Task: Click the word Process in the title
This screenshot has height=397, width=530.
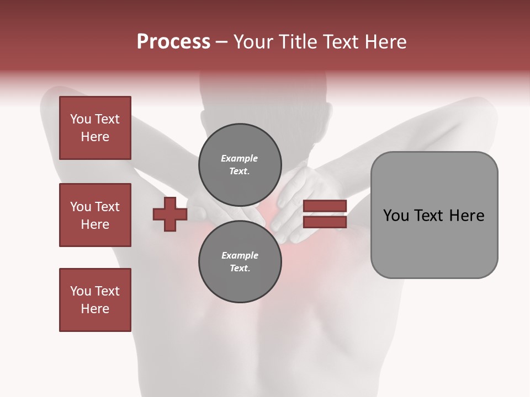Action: (x=173, y=42)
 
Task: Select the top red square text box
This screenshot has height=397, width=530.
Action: (x=95, y=128)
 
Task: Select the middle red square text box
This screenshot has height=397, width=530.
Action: (x=95, y=215)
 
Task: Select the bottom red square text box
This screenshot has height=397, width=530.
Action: (x=95, y=300)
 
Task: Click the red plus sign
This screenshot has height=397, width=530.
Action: (x=170, y=214)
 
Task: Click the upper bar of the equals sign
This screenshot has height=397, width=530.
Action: (x=325, y=206)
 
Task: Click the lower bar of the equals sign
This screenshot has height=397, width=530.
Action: (x=325, y=222)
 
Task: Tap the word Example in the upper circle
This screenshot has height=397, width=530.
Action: (x=240, y=158)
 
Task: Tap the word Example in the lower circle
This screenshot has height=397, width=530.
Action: (x=240, y=255)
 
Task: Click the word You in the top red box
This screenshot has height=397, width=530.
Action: (x=80, y=119)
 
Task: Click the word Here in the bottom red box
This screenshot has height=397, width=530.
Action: (x=95, y=309)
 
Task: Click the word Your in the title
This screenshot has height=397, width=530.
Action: (x=252, y=42)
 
